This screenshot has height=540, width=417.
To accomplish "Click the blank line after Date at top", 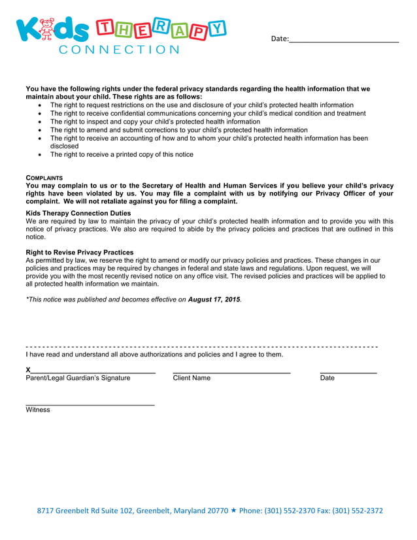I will coord(344,39).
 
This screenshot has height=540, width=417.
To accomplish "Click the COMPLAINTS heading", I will coord(44,178).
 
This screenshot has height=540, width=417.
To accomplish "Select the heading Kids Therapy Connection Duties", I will coord(78,213).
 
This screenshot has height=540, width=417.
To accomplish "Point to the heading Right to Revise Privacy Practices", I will coord(79,252).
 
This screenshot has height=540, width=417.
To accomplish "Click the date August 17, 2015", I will coord(214,299).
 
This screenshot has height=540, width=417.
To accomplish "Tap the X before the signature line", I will coord(28,370).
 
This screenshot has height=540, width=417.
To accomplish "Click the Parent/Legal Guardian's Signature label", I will coord(78,378).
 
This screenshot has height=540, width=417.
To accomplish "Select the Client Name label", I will coord(192,378).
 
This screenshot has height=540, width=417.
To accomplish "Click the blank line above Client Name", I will coord(231,371).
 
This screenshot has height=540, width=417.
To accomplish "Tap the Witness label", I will coord(38,410).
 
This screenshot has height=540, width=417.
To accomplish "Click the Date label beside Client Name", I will coord(327,378).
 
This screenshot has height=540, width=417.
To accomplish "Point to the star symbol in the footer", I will coord(234,511).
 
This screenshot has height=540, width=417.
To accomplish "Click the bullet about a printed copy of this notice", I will coord(122,155).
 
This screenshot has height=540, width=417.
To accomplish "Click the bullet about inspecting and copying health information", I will coord(155,122).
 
